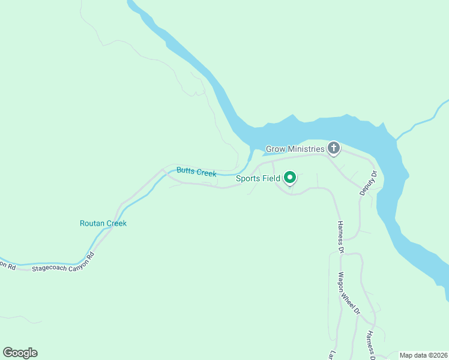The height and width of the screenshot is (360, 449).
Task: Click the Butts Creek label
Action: tap(196, 172)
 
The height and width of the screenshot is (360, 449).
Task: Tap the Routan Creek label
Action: tap(103, 223)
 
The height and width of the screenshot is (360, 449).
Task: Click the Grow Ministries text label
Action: tap(295, 149)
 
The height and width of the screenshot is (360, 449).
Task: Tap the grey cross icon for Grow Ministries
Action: tap(333, 148)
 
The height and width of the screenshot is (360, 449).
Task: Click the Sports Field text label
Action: tap(258, 178)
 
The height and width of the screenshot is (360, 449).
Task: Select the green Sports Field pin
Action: tap(290, 178)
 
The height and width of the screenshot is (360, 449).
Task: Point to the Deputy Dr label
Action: tap(367, 184)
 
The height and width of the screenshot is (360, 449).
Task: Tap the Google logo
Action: tap(20, 353)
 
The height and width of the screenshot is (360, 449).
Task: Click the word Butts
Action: tap(185, 170)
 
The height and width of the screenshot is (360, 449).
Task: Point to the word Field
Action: tap(271, 178)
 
